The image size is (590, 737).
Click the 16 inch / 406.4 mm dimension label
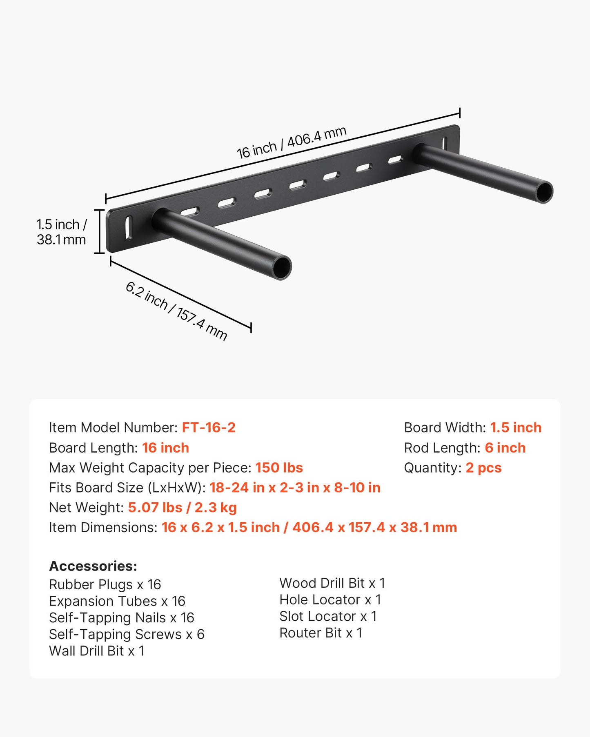(292, 142)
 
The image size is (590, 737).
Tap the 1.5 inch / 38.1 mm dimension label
(62, 232)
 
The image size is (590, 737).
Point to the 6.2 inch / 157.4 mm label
(176, 311)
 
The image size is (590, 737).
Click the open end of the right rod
(544, 192)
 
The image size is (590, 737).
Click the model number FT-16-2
(209, 428)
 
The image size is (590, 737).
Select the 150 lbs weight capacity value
(279, 468)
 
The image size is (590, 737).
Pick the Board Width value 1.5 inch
(516, 428)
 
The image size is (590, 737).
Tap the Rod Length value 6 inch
(505, 448)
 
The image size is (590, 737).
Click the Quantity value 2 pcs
(483, 468)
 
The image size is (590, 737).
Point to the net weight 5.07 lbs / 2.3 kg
(182, 508)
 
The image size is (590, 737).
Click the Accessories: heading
(93, 566)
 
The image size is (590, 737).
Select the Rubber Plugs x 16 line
(105, 585)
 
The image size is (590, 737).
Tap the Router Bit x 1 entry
(321, 633)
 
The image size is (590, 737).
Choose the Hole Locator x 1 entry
(330, 600)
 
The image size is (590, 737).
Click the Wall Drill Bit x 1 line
(97, 651)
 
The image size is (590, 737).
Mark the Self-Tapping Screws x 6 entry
(127, 635)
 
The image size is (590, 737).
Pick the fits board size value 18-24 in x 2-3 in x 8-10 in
(295, 488)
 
